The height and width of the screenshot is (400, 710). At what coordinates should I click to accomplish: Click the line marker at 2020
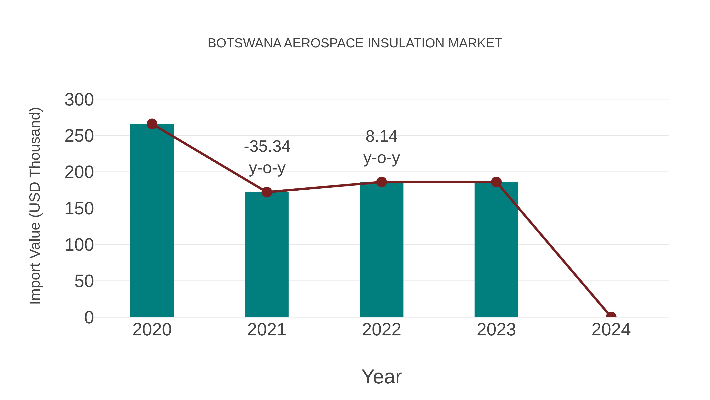(152, 124)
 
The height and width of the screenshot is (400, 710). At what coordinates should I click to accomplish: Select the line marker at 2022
(381, 182)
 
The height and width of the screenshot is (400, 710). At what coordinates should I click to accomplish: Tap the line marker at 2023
(496, 182)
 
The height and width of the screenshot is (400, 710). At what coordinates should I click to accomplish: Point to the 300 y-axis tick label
(79, 100)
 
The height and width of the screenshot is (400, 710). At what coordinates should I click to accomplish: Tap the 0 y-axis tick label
(89, 317)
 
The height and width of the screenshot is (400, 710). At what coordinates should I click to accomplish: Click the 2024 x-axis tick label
(611, 330)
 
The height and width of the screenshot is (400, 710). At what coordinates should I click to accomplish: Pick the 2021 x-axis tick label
(266, 330)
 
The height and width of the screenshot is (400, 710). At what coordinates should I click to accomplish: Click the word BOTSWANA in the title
(244, 43)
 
